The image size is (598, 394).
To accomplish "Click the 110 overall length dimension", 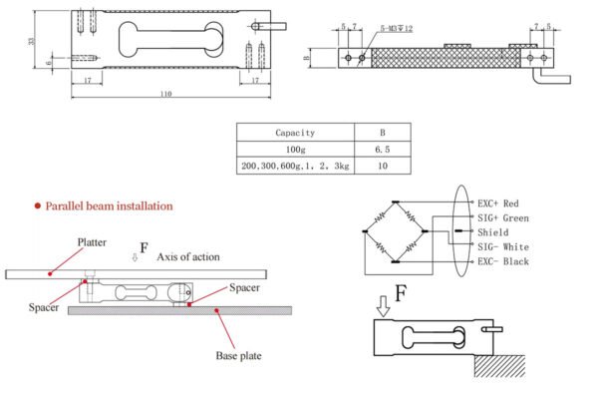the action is point(165,94).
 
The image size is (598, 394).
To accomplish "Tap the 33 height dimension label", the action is point(32,40).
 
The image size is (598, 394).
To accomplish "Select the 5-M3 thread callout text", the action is point(397,29).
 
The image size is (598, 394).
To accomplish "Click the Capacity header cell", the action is point(295,133).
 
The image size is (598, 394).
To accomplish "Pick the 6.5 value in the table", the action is point(383,150).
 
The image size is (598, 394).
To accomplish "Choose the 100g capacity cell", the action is point(296,150).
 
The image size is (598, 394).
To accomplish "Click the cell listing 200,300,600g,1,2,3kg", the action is point(295,166).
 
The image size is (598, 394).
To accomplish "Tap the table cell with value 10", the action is point(383,166).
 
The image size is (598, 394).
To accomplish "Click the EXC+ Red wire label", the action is point(498,203).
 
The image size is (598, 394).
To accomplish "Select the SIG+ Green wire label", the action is point(503,218).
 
